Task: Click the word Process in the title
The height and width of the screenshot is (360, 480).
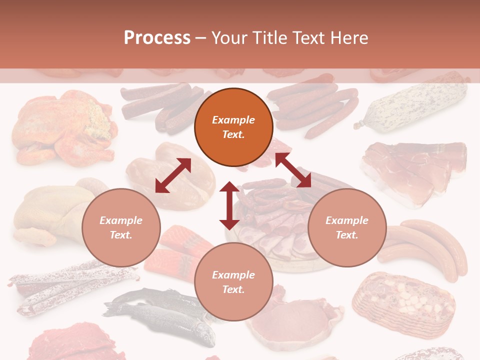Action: coord(157,38)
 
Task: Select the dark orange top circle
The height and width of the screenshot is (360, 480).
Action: coord(233,127)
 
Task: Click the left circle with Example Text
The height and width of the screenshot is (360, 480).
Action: coord(121,227)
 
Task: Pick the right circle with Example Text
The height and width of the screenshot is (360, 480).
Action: coord(347,227)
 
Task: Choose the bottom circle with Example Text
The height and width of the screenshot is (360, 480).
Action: coord(233,282)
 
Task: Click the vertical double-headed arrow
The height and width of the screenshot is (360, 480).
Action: coord(229,205)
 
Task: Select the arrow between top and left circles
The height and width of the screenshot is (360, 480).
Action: coord(173,175)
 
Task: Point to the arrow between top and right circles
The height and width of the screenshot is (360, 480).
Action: coord(293,170)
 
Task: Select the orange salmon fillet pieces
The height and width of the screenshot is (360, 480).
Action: coord(177,250)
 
